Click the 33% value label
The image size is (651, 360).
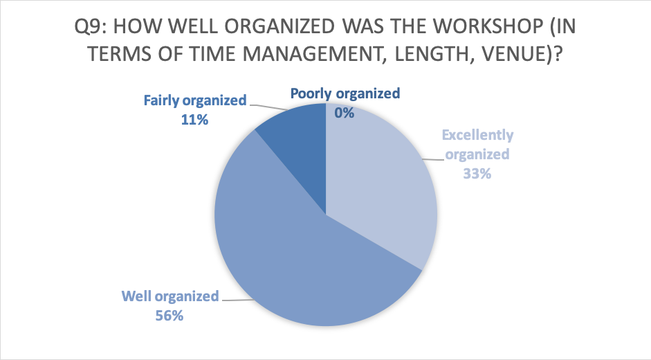click(477, 173)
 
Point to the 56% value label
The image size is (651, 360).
click(169, 316)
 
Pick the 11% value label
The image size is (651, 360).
click(194, 120)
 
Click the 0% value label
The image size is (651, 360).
click(345, 113)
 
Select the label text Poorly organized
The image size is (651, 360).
click(345, 93)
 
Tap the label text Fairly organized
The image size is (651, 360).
click(195, 100)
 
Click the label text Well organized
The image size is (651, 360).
click(170, 296)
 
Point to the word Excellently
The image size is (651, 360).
click(477, 135)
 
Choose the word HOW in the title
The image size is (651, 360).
click(138, 26)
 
